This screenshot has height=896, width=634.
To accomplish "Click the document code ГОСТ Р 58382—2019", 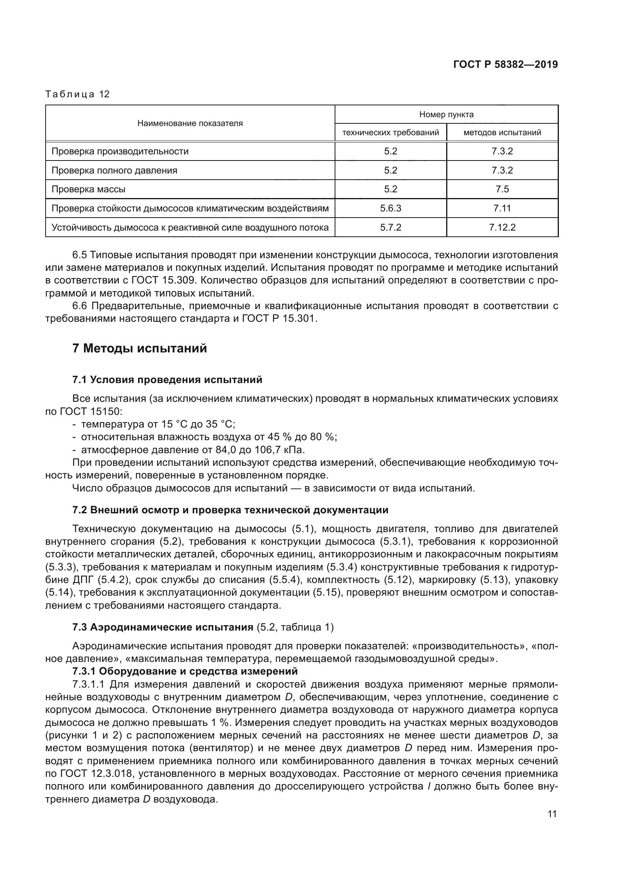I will click(505, 64).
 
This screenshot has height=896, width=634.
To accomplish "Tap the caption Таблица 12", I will click(77, 94).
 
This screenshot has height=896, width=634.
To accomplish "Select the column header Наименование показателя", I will click(190, 123).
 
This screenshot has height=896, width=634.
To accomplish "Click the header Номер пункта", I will click(446, 114).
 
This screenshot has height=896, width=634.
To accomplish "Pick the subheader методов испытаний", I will click(502, 133).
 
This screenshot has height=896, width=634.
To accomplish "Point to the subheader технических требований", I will click(390, 133).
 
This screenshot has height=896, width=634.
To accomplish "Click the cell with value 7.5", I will click(502, 189).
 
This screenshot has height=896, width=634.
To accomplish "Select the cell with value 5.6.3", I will click(390, 208).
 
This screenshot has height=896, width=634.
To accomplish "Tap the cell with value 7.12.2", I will click(502, 228).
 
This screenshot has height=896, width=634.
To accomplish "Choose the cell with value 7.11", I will click(502, 208).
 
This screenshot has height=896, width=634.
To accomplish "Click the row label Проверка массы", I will click(88, 189).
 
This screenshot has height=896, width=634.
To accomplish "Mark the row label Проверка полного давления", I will click(114, 170).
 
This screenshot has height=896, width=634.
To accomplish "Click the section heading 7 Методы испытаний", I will click(140, 348).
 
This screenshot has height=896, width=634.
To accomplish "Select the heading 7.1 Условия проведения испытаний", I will click(167, 380).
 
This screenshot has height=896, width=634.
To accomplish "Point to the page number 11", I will click(552, 814).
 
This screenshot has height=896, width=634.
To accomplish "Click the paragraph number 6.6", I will click(80, 306).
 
